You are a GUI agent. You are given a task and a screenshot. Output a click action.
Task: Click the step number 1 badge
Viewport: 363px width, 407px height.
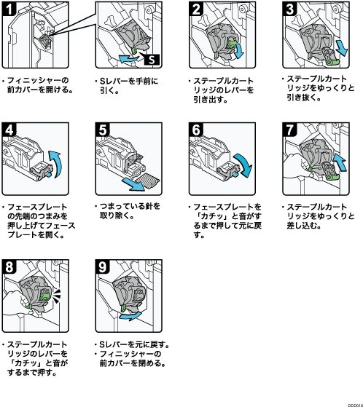9,9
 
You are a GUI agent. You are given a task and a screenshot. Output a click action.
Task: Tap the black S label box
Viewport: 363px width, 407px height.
152,60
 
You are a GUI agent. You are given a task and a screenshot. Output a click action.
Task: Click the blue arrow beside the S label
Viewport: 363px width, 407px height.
128,58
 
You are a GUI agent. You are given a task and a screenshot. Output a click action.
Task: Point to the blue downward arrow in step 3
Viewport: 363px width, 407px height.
341,48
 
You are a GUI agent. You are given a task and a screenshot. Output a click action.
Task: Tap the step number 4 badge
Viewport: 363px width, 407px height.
9,130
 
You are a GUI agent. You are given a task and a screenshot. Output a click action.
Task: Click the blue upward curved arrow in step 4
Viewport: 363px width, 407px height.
56,164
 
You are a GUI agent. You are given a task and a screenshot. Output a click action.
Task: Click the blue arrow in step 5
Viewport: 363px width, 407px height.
133,183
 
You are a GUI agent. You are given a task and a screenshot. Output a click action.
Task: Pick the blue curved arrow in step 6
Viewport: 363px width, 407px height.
243,165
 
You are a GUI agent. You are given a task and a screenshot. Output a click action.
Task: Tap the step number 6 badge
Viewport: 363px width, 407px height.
196,130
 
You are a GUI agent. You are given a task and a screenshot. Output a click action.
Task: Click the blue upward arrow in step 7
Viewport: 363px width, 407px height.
340,162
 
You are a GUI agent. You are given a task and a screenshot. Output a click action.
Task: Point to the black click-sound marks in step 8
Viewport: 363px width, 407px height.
57,296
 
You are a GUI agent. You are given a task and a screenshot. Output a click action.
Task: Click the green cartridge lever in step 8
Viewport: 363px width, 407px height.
44,296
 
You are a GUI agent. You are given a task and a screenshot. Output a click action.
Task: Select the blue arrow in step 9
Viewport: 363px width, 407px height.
130,316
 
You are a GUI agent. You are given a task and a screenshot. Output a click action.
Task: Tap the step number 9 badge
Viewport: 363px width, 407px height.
102,266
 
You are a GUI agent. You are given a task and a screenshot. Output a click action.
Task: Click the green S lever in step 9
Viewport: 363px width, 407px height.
124,309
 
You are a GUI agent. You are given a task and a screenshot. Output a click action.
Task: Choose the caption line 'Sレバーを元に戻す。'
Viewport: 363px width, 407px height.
132,344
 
